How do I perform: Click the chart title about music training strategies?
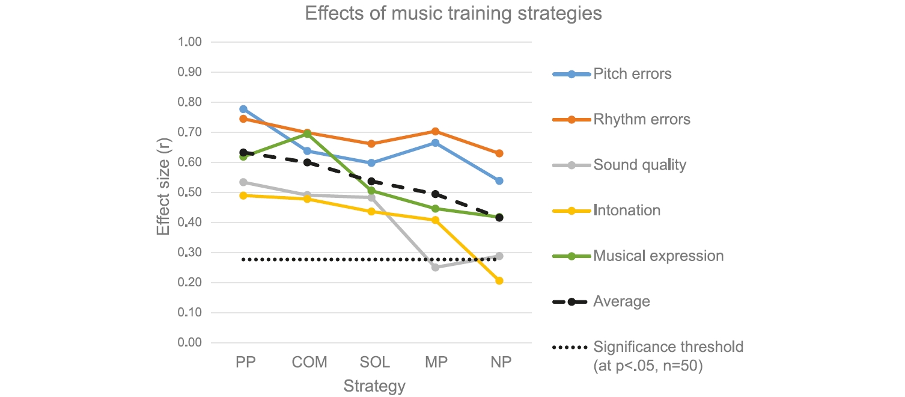click(452, 13)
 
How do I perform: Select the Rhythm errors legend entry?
click(641, 119)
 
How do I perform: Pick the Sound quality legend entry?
click(639, 165)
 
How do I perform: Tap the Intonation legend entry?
click(627, 210)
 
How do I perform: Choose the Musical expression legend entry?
click(658, 256)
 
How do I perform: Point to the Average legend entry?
click(621, 301)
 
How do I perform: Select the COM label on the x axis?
click(309, 363)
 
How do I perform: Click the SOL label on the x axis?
click(374, 363)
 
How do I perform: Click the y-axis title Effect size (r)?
click(163, 192)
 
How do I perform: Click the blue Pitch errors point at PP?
click(243, 109)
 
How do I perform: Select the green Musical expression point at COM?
click(307, 134)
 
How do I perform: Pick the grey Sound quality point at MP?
click(435, 267)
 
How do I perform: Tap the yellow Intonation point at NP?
click(499, 281)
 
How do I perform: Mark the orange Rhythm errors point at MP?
click(435, 131)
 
